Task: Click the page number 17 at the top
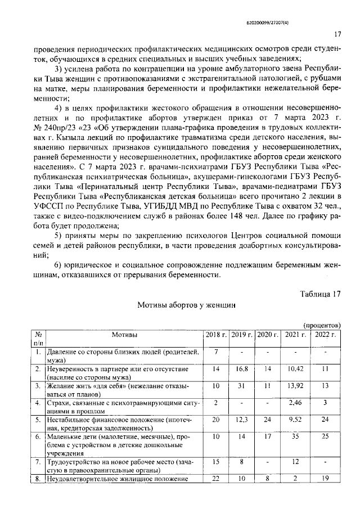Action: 339,34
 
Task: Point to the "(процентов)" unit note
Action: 322,326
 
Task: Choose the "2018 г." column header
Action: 217,335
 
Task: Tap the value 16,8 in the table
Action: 241,369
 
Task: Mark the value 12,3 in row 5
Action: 241,420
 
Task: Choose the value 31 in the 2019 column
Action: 241,386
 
